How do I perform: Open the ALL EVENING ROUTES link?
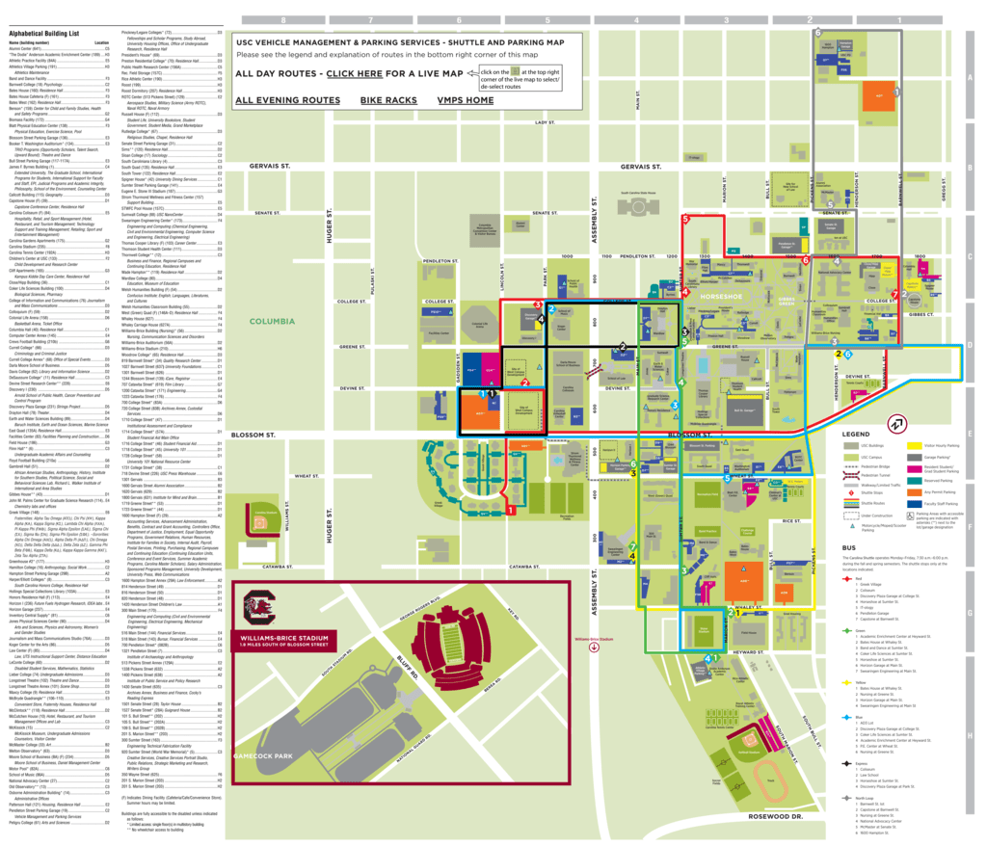(287, 100)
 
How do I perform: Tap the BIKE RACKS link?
(388, 100)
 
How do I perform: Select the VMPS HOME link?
(465, 100)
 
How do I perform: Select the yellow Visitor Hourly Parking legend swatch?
(916, 446)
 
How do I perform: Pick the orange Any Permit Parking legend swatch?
(916, 490)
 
